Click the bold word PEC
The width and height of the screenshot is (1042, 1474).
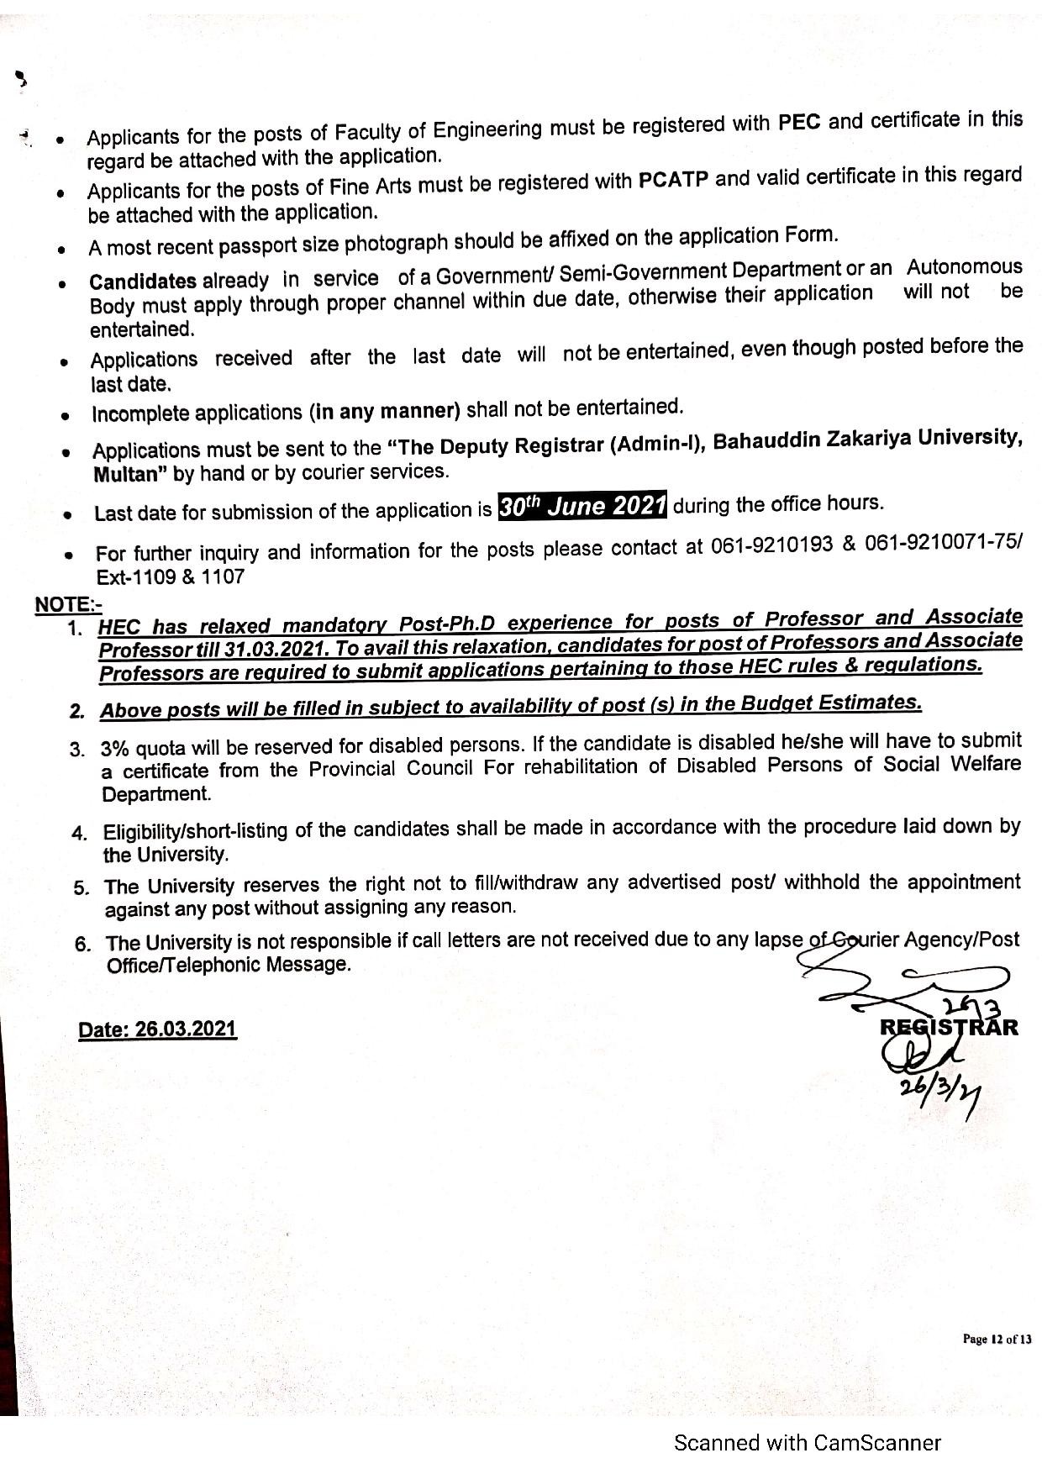pos(799,123)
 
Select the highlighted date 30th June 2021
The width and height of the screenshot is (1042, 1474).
pos(582,506)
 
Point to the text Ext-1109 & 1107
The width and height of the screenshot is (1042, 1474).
pos(171,577)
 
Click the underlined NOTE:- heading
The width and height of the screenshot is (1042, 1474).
pos(68,604)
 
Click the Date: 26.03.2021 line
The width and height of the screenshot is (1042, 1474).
pos(157,1030)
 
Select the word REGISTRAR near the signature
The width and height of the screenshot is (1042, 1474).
pos(949,1027)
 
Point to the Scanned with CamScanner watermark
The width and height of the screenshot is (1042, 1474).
pos(807,1443)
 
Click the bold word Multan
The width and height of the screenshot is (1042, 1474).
pos(126,475)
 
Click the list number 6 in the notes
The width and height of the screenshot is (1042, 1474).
pos(82,944)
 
